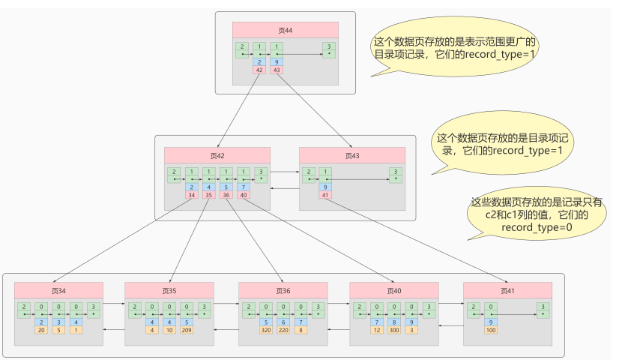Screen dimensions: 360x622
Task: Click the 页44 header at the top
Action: tap(285, 30)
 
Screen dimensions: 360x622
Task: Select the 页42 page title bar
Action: tap(217, 155)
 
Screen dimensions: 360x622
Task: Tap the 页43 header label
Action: tap(352, 155)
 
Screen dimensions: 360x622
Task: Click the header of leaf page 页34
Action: tap(58, 290)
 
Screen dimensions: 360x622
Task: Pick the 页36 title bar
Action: tap(283, 290)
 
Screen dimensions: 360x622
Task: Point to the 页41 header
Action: tap(507, 290)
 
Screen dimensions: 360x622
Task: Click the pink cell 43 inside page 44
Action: tap(277, 70)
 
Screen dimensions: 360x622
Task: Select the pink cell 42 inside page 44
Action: tap(260, 70)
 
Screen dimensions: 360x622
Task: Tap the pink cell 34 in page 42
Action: tap(193, 195)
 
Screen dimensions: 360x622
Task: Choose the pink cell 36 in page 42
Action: tap(226, 195)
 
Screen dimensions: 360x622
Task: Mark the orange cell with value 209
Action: tap(185, 330)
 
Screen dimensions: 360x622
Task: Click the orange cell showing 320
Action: tap(265, 330)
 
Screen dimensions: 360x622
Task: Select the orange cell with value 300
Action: tap(394, 330)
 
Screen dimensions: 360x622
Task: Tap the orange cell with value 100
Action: tap(491, 330)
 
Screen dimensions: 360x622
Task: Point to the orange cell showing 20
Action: tap(41, 330)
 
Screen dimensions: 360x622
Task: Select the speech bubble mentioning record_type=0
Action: tap(536, 214)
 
